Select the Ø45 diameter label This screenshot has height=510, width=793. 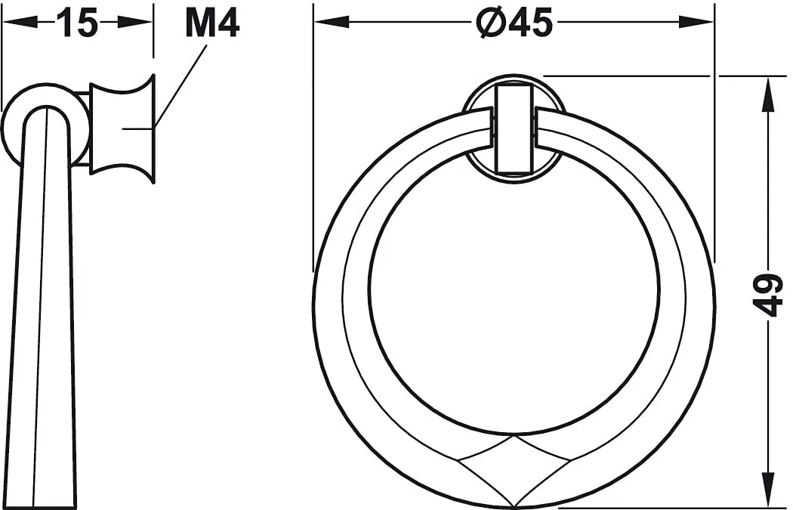(514, 22)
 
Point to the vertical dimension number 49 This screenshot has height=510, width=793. (768, 295)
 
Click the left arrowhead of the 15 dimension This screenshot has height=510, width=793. (20, 22)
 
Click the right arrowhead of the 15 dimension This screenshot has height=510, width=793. (134, 22)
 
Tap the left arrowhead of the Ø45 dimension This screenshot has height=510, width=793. (332, 22)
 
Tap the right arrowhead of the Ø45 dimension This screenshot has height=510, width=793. (696, 22)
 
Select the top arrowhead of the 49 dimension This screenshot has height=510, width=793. (768, 94)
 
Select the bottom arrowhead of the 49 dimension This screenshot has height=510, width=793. (768, 490)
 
